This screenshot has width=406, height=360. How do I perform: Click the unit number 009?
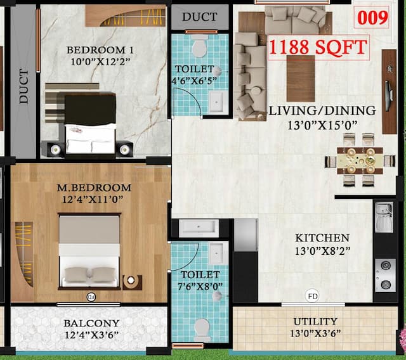tap(372, 18)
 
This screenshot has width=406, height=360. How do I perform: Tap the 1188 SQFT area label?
tap(318, 48)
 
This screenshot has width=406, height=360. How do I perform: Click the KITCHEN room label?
tap(322, 238)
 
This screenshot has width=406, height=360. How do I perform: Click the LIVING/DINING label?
tap(322, 110)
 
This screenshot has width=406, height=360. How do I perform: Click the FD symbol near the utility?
tap(312, 295)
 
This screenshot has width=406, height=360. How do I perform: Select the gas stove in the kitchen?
tap(384, 274)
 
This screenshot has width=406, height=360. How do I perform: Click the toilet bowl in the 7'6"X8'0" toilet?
tap(202, 328)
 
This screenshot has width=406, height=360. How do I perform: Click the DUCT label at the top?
tap(200, 17)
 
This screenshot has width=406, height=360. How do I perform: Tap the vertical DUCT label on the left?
tap(23, 87)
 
